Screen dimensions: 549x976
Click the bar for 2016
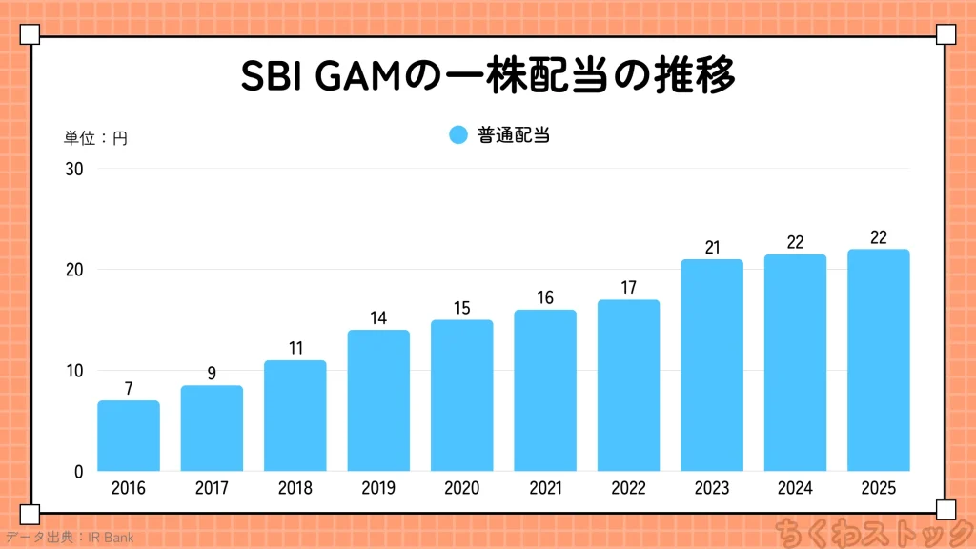click(x=129, y=436)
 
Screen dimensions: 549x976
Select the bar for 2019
click(x=378, y=400)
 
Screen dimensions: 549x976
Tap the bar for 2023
click(x=712, y=365)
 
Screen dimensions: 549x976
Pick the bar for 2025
click(x=879, y=360)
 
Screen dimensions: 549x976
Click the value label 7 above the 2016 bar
click(x=129, y=388)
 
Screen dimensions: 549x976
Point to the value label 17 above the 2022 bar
click(x=628, y=287)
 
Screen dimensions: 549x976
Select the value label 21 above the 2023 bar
click(x=712, y=247)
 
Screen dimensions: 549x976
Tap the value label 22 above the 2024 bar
click(x=795, y=242)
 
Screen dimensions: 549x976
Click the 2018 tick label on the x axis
click(x=295, y=488)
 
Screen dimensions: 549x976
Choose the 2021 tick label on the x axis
click(x=545, y=488)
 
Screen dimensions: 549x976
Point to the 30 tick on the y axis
click(x=74, y=170)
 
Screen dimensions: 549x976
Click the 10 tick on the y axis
click(x=74, y=371)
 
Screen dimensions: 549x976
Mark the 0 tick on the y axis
click(x=78, y=472)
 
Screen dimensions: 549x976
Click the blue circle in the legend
click(x=458, y=135)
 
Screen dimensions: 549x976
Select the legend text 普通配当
click(x=513, y=135)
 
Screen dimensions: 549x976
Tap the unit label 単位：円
click(x=95, y=138)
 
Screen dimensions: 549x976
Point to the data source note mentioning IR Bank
click(x=69, y=538)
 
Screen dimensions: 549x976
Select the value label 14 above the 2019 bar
click(x=378, y=317)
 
